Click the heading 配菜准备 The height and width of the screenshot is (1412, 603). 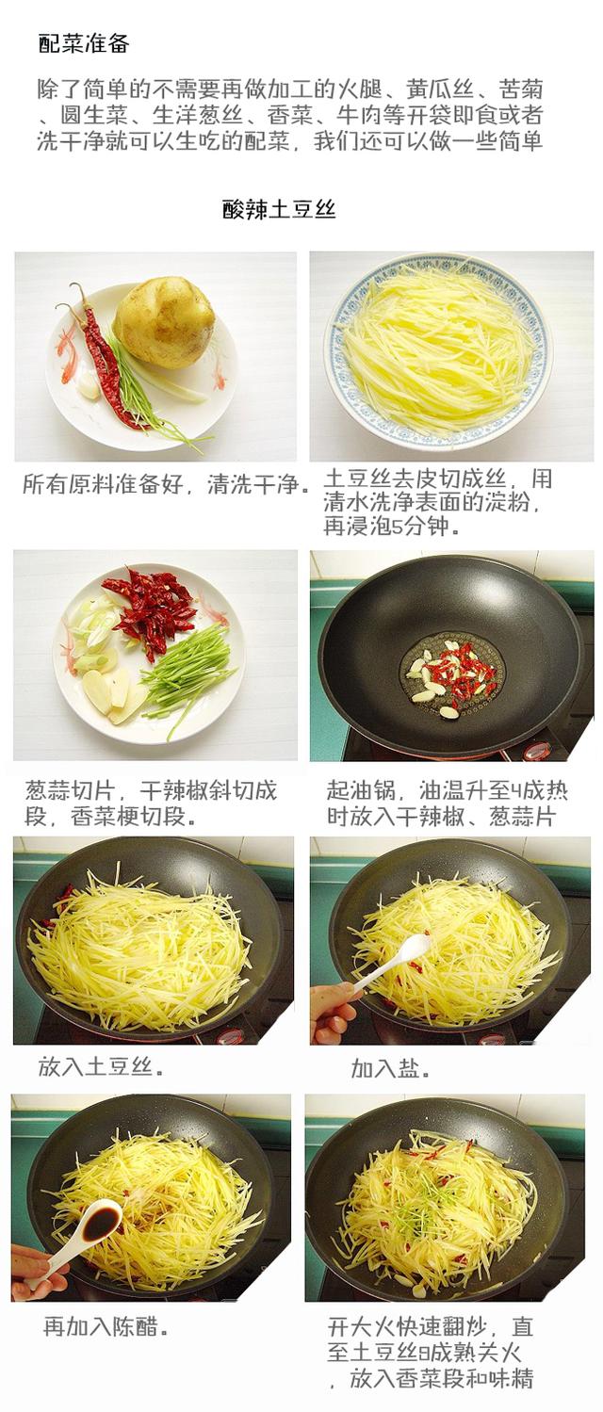point(83,43)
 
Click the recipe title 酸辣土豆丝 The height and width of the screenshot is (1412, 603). point(279,208)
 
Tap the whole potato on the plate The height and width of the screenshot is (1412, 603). point(164,321)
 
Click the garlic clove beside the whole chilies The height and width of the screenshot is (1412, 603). point(88,384)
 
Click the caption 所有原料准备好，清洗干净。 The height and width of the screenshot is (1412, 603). point(166,485)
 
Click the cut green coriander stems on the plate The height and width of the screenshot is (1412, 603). point(187,674)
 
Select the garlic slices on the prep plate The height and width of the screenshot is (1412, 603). point(105,692)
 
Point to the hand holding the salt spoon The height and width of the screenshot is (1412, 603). point(332,1011)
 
